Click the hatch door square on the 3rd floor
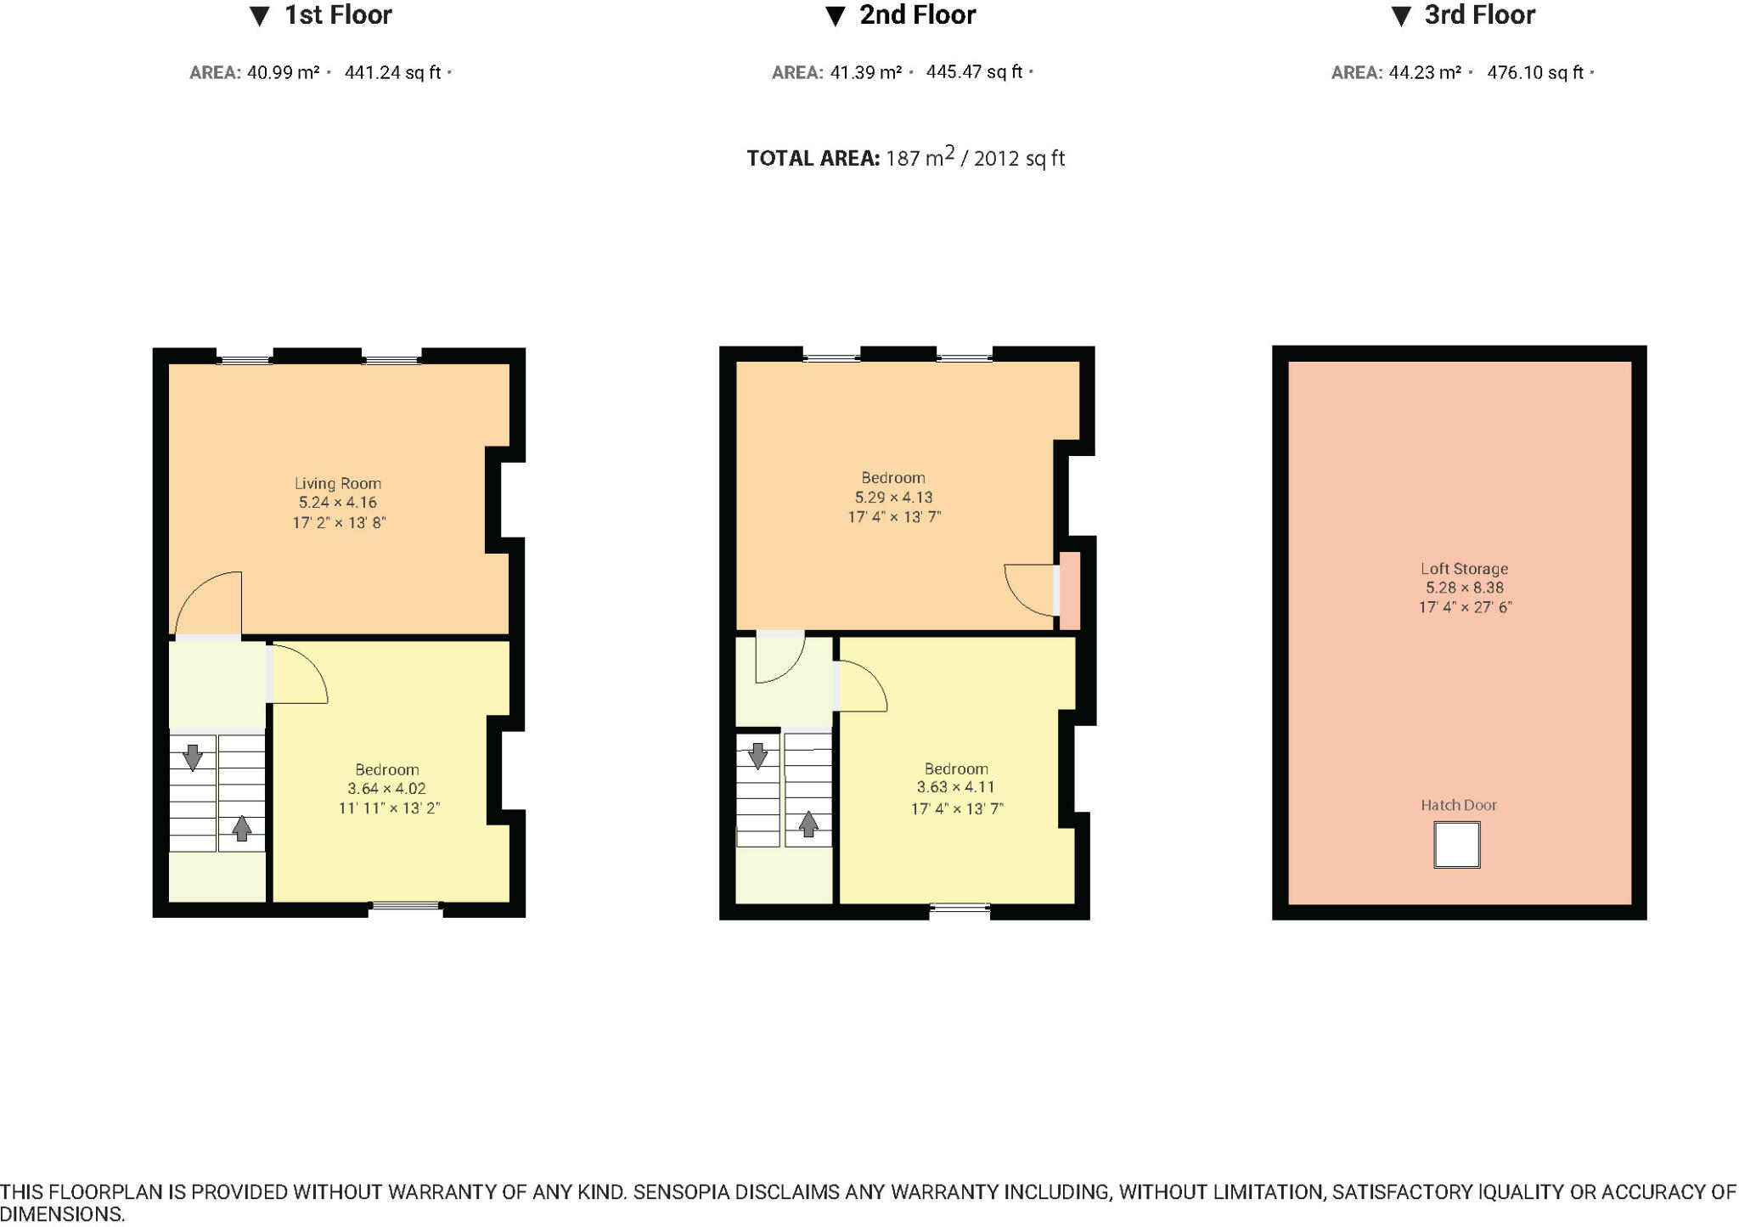click(1456, 844)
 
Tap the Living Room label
click(338, 483)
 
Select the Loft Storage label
click(1464, 569)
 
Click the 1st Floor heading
click(337, 15)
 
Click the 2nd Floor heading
click(916, 15)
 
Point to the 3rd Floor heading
click(1478, 15)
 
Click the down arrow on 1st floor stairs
click(193, 756)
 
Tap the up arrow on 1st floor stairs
click(242, 828)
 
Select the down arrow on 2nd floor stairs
click(757, 754)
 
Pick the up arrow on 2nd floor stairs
click(808, 824)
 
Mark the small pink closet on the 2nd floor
click(1070, 591)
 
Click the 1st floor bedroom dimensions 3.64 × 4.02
click(386, 789)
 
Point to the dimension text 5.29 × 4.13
click(893, 498)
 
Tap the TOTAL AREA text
click(905, 159)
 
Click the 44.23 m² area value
click(1424, 73)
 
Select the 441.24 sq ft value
click(392, 73)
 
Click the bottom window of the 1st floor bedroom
click(406, 907)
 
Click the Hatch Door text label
click(1458, 805)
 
